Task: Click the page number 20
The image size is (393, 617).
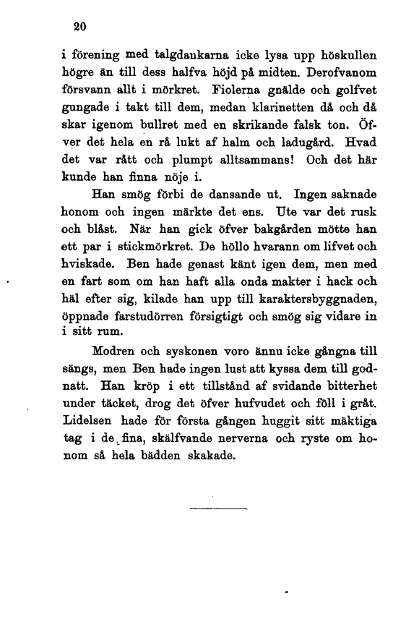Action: (x=80, y=27)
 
